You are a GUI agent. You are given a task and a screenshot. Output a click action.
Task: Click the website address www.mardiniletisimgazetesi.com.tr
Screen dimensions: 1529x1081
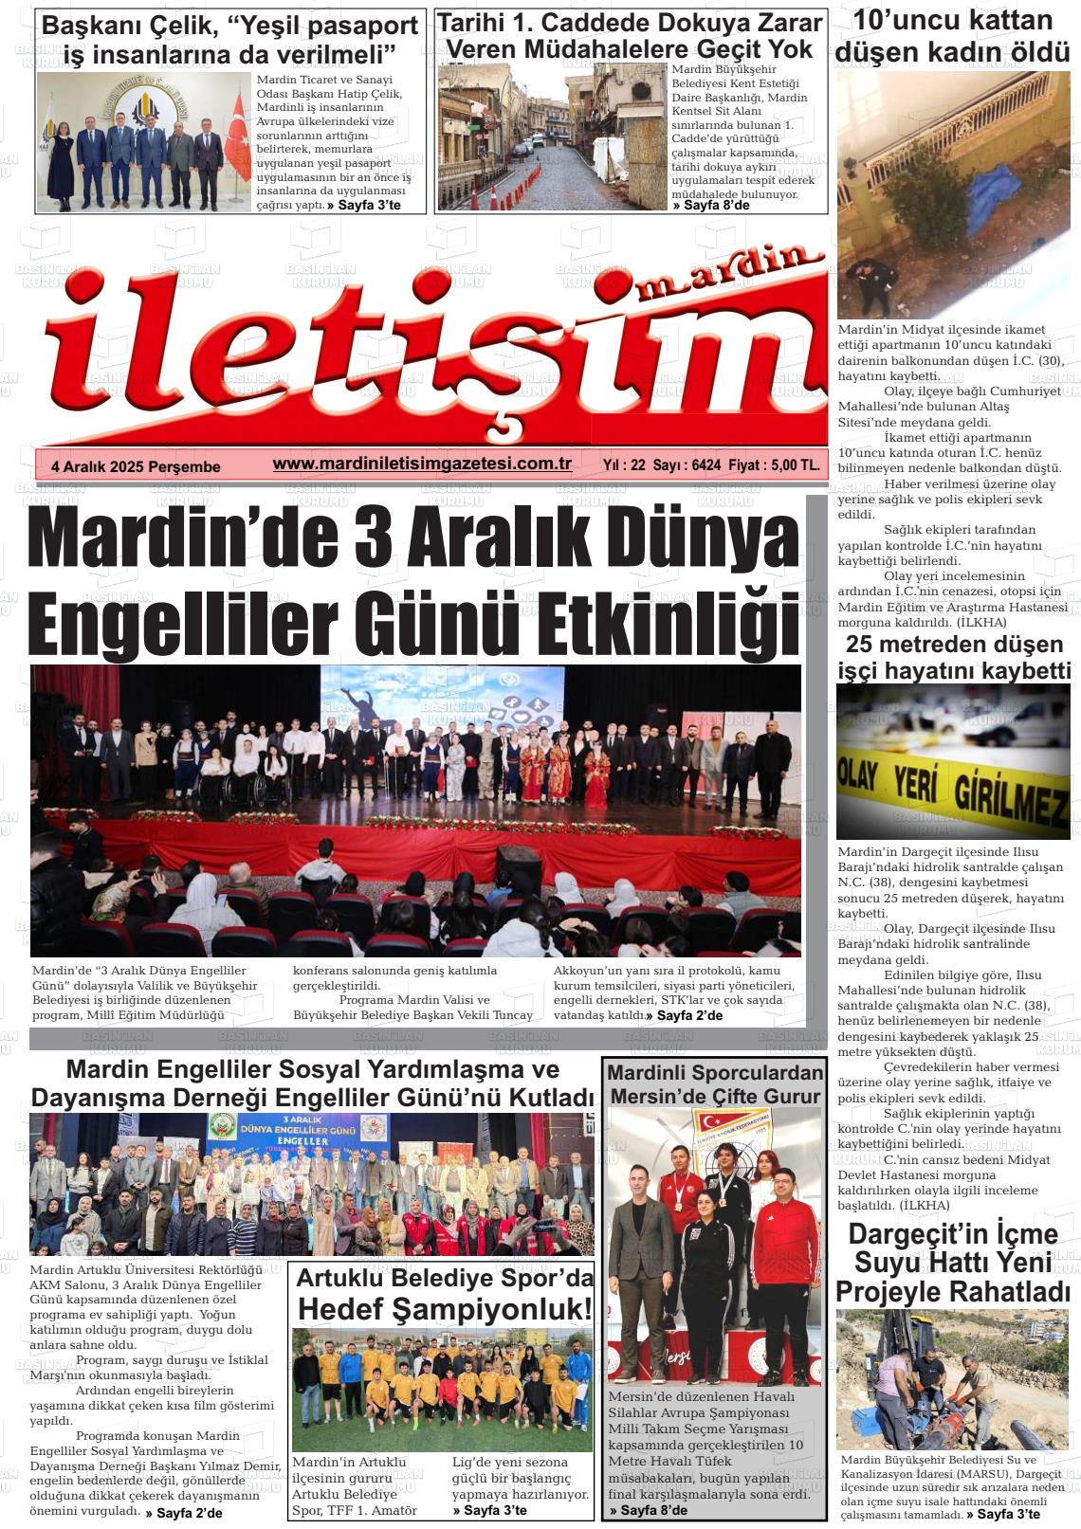[x=421, y=463]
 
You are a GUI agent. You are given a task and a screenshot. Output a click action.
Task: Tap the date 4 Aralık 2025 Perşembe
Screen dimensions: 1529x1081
[x=136, y=466]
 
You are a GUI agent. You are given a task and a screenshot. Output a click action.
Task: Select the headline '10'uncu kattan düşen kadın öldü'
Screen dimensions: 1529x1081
[x=953, y=36]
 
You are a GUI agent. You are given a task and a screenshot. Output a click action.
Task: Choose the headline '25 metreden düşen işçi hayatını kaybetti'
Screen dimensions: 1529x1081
[x=953, y=658]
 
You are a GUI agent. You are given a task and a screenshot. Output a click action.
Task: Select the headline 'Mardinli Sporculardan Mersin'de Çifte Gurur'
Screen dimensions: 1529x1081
[x=715, y=1084]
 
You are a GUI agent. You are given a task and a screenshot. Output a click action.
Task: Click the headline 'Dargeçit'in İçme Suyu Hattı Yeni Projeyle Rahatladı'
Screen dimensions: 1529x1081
[x=953, y=1263]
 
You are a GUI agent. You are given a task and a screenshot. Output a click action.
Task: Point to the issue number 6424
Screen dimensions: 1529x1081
[x=706, y=465]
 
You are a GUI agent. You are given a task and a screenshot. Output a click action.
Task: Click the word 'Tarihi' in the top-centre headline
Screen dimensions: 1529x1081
[x=478, y=23]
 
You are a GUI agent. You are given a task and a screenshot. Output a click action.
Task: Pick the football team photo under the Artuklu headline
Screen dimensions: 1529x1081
[x=442, y=1390]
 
